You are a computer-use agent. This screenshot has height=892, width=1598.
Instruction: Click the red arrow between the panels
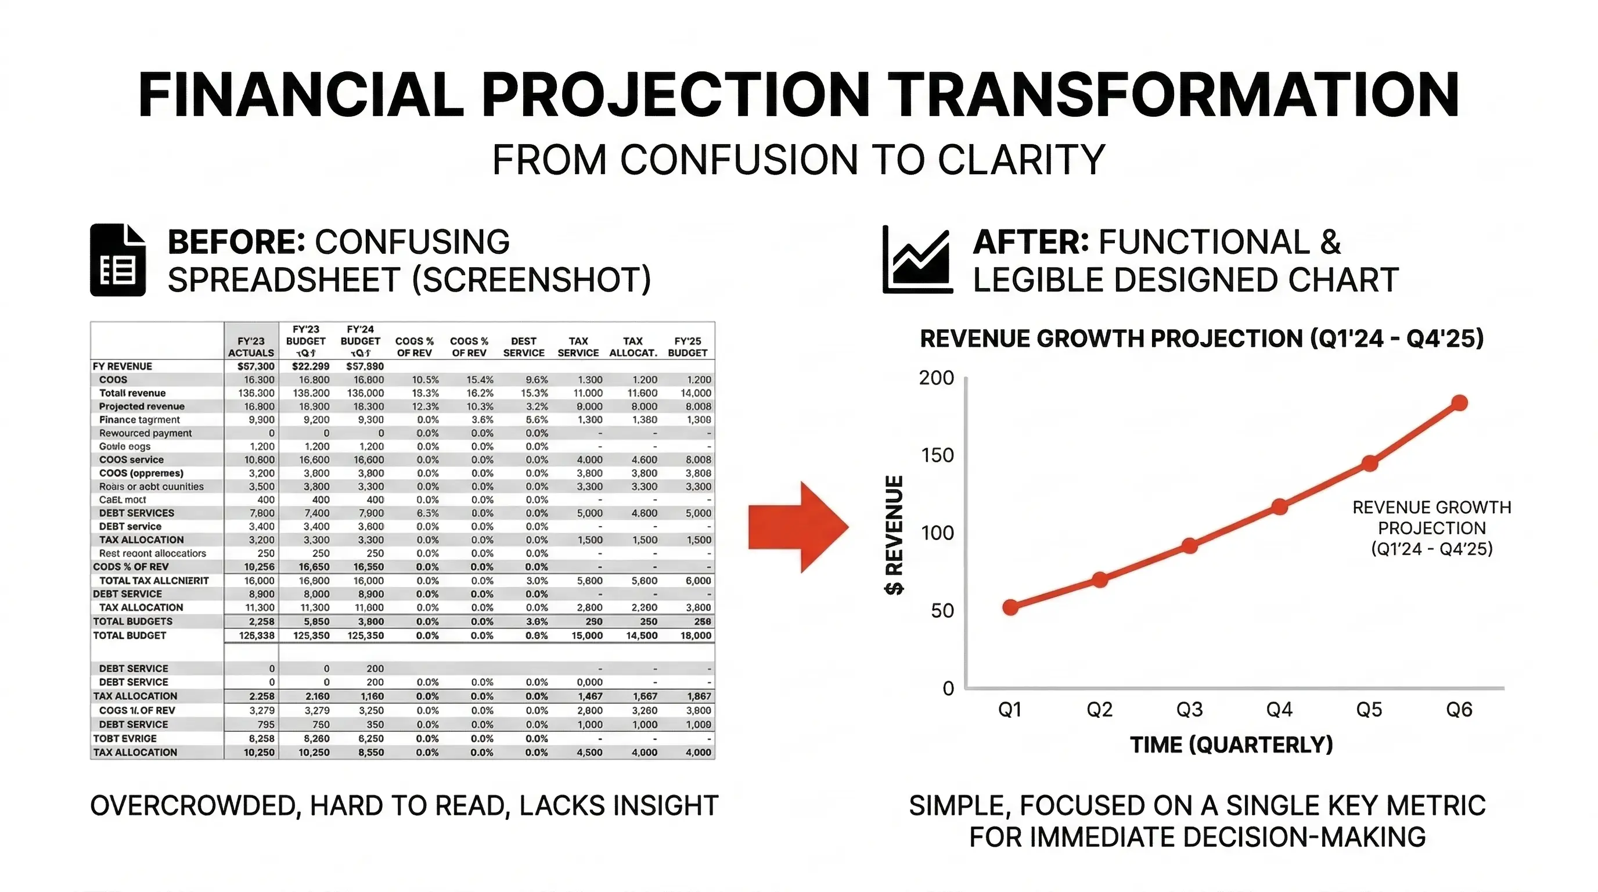click(x=798, y=527)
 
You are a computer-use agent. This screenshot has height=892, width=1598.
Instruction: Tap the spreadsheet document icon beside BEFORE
click(x=118, y=260)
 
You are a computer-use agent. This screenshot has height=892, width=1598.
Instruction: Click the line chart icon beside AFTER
click(x=917, y=260)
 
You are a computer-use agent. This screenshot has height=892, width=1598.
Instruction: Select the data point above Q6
click(x=1460, y=403)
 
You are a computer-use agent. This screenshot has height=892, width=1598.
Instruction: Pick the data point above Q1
click(x=1010, y=607)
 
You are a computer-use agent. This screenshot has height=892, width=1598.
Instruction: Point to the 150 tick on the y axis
click(x=937, y=455)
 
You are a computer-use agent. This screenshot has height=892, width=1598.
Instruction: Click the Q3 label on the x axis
click(x=1189, y=709)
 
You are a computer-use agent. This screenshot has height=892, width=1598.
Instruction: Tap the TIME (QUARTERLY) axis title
click(x=1232, y=744)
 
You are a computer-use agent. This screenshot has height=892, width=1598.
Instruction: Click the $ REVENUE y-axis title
click(x=894, y=535)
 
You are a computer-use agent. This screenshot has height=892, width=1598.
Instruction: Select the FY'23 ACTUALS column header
click(x=251, y=347)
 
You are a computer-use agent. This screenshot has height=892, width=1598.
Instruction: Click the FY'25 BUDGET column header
click(x=688, y=347)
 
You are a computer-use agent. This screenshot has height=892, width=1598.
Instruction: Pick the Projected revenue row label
click(x=142, y=407)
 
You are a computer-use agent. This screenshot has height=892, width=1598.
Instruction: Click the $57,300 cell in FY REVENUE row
click(x=255, y=366)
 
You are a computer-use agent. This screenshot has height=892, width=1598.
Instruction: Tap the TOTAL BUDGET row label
click(x=129, y=635)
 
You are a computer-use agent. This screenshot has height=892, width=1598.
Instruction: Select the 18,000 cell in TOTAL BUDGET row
click(x=696, y=635)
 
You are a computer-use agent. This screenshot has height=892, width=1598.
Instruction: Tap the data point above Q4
click(x=1280, y=507)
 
